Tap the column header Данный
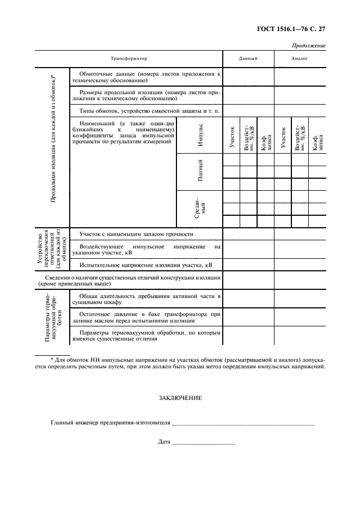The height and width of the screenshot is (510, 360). (x=248, y=58)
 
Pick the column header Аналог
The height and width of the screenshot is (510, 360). (x=300, y=58)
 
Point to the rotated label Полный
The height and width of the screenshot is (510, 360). (x=200, y=171)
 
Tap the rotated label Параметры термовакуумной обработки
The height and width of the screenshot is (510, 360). (x=52, y=317)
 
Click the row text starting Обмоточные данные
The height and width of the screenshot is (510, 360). (x=145, y=76)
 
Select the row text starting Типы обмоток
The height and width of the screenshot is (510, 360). (x=145, y=111)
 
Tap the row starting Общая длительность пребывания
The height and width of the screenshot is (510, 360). (x=145, y=298)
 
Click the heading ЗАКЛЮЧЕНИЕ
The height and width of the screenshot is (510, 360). (x=180, y=398)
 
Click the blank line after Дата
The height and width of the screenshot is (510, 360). (x=203, y=442)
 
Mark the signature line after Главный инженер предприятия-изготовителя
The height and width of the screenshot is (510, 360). (x=243, y=423)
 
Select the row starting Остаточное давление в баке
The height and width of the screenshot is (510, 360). (x=145, y=318)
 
